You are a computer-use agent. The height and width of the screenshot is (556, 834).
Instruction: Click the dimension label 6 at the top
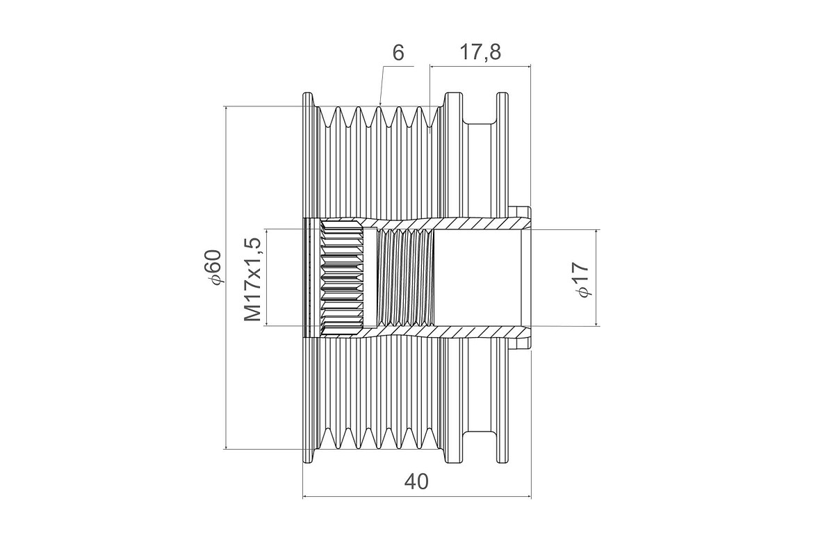(398, 53)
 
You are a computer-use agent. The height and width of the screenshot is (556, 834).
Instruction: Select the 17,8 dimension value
(480, 53)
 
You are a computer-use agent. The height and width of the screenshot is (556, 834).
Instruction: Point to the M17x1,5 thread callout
(253, 279)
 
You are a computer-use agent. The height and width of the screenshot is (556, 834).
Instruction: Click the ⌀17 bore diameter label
(582, 279)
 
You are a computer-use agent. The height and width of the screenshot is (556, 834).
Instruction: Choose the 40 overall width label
(416, 482)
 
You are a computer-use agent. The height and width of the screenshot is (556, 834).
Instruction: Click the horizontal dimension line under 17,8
(480, 67)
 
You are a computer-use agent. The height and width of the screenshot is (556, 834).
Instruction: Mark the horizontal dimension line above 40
(417, 496)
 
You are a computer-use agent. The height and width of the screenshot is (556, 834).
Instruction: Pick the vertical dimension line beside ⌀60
(226, 278)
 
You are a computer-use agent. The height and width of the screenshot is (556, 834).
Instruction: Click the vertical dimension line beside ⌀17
(596, 278)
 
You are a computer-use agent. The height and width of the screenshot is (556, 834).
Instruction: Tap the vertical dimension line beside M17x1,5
(267, 278)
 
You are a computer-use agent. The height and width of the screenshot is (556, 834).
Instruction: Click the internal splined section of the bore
(341, 278)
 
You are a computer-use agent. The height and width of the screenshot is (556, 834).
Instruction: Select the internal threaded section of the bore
(405, 278)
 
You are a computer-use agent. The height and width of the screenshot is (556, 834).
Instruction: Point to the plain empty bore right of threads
(477, 278)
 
